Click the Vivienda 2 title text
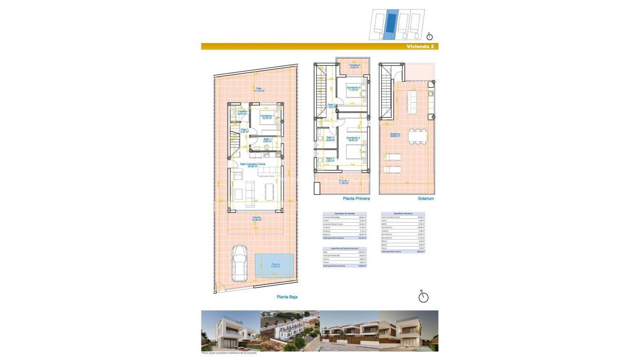pyautogui.click(x=420, y=46)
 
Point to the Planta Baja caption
pyautogui.click(x=287, y=297)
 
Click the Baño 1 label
pyautogui.click(x=267, y=140)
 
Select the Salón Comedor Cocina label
pyautogui.click(x=253, y=165)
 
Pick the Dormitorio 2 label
pyautogui.click(x=353, y=139)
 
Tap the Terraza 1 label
pyautogui.click(x=344, y=181)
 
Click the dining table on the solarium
pyautogui.click(x=417, y=136)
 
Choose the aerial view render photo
pyautogui.click(x=290, y=331)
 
